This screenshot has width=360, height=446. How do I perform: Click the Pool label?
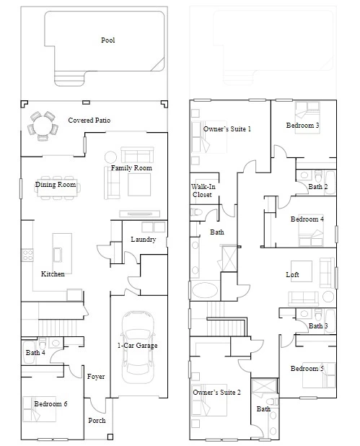(x=108, y=40)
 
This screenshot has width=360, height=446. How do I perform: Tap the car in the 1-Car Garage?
(x=138, y=347)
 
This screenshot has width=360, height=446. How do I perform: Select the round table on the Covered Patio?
(x=42, y=126)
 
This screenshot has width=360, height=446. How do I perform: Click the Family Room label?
(x=131, y=168)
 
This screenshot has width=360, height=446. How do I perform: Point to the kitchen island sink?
(x=58, y=254)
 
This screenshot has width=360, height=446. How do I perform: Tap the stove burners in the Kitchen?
(x=27, y=255)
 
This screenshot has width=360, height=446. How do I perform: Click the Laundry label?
(x=144, y=240)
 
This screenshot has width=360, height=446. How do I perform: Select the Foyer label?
(x=96, y=377)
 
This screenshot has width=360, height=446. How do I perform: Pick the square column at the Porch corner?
(x=110, y=437)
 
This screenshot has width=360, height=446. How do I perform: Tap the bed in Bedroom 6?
(x=40, y=408)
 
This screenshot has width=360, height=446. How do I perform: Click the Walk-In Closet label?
(x=203, y=191)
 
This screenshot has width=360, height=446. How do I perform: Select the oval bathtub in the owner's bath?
(x=205, y=290)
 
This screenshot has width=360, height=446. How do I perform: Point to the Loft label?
(x=292, y=275)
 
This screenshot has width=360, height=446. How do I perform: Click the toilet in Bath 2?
(x=318, y=175)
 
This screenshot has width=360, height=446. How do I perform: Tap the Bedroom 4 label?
(x=307, y=219)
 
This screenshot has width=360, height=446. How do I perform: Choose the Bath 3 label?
(x=318, y=326)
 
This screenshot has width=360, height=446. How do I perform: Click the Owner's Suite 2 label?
(x=216, y=393)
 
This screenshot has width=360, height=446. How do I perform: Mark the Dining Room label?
(x=56, y=185)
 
